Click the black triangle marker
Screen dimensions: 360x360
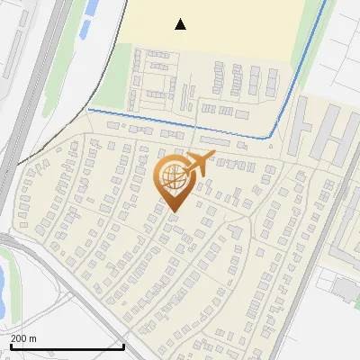(x=181, y=24)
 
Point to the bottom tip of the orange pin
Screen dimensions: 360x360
(x=173, y=211)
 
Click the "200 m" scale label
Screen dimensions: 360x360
(x=24, y=337)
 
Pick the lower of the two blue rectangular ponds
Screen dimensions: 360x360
(x=85, y=28)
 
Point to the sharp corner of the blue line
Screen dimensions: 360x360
(x=272, y=138)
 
